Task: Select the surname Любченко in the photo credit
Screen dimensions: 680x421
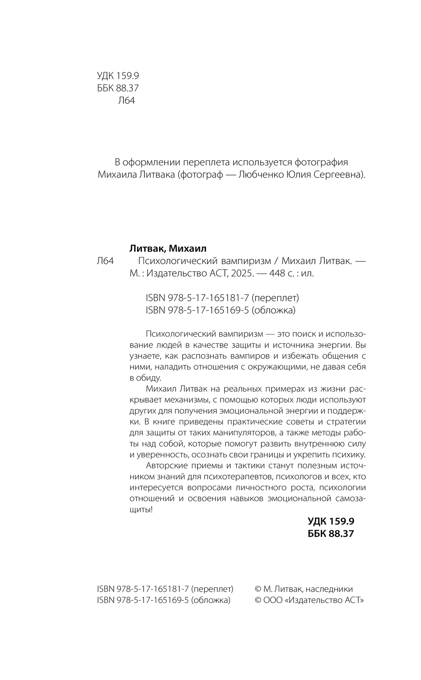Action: coord(262,175)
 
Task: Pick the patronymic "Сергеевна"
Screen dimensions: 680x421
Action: coord(340,175)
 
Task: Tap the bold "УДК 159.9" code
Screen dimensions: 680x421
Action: coord(331,521)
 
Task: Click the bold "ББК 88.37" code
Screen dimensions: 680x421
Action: coord(331,534)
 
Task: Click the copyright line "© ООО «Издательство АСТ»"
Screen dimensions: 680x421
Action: coord(310,600)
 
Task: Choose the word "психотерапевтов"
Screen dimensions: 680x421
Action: coord(237,476)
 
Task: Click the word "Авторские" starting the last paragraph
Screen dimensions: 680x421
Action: coord(165,465)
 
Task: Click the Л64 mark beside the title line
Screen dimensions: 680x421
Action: coord(105,261)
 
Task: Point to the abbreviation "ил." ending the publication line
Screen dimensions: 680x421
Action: coord(308,273)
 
